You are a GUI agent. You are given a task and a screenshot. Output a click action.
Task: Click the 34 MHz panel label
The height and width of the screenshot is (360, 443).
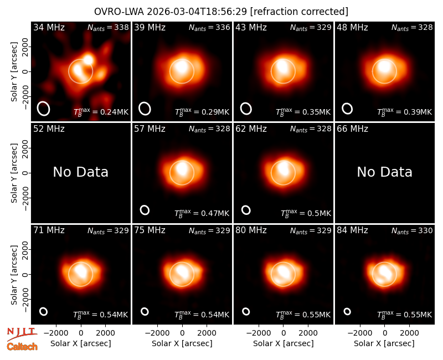49,27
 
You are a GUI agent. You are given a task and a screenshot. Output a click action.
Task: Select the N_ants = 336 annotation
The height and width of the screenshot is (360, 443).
209,27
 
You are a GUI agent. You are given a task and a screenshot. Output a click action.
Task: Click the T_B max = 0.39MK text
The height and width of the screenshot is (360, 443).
405,112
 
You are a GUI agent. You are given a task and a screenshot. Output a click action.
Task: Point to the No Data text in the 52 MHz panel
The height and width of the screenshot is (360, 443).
80,172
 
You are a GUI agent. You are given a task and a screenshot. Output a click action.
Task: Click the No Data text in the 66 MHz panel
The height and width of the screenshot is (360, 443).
384,172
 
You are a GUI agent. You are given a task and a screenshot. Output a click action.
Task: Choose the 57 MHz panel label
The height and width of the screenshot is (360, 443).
150,129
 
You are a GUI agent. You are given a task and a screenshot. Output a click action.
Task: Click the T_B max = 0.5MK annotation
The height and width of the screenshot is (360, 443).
306,213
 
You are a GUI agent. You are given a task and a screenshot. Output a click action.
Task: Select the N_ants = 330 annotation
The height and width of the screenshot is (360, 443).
412,230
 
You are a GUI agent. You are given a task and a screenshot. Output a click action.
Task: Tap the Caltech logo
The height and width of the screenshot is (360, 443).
22,347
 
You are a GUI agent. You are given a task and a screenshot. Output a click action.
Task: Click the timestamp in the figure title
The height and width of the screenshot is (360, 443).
197,12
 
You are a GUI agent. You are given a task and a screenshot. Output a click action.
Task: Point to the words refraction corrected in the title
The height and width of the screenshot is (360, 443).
299,12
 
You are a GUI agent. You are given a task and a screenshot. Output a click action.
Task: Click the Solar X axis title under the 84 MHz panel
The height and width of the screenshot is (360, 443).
384,343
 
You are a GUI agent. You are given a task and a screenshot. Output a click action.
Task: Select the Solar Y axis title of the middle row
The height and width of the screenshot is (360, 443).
14,173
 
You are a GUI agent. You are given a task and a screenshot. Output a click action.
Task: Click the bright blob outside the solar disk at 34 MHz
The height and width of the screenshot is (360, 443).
89,60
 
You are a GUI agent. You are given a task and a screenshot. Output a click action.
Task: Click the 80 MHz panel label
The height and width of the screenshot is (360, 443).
251,230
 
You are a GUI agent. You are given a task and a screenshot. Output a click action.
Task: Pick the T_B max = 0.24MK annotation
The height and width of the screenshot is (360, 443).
101,112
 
